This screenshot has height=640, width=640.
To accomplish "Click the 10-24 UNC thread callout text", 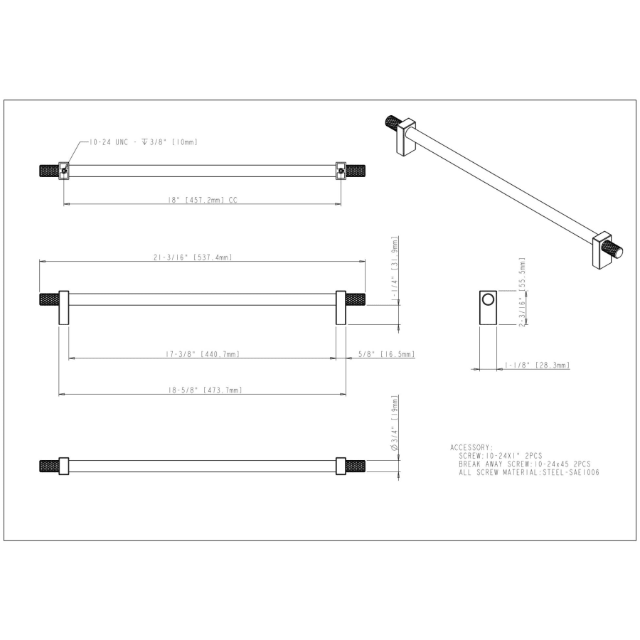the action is [143, 142].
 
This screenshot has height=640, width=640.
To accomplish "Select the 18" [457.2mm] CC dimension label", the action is [203, 200].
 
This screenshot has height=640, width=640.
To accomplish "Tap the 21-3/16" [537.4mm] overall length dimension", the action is [193, 257].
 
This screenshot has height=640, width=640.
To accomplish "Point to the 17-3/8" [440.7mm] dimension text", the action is [203, 354].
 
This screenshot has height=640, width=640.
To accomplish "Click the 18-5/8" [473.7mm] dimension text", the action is [206, 390].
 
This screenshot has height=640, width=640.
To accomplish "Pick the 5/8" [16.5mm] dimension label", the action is [387, 354].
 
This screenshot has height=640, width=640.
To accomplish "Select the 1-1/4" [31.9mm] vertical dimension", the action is [395, 270].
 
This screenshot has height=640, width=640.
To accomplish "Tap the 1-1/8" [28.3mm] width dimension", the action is [537, 365].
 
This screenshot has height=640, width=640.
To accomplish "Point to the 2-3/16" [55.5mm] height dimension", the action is [522, 292].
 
